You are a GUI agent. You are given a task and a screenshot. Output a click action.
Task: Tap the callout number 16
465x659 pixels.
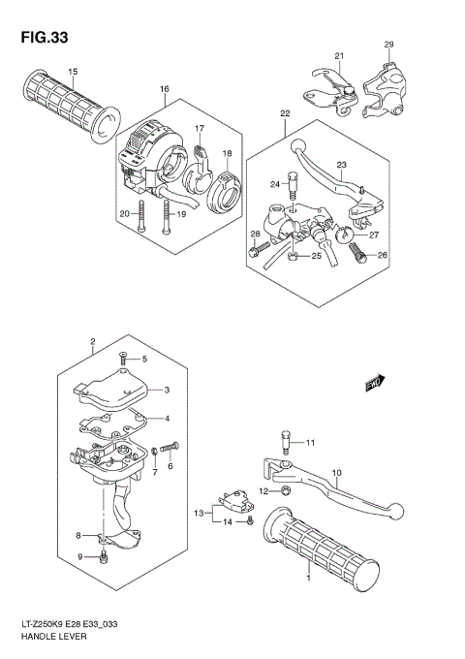tap(164, 89)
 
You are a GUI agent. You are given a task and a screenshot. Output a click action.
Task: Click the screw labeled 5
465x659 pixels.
tap(124, 359)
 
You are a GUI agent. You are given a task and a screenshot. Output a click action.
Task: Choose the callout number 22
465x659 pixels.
tap(285, 113)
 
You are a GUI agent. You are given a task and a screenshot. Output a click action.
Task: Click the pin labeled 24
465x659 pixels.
tap(289, 183)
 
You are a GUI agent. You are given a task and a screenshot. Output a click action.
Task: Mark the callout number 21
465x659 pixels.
tap(340, 55)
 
